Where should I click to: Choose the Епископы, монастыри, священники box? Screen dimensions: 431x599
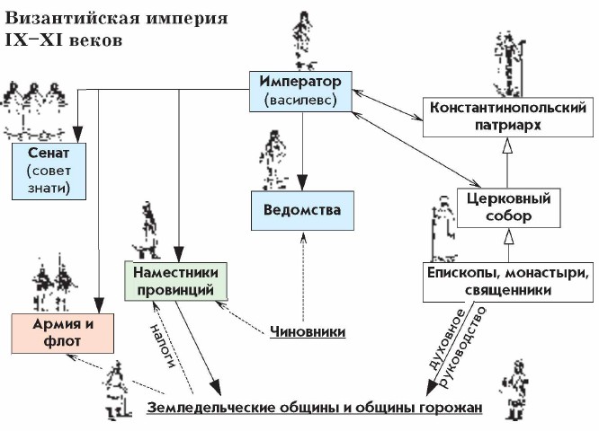507,281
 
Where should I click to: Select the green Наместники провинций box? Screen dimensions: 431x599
175,281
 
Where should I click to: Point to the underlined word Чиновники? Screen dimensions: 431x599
308,331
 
